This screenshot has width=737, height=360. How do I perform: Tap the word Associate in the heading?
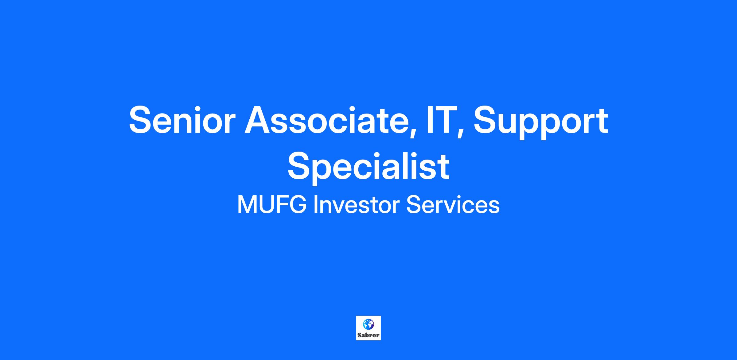click(x=328, y=120)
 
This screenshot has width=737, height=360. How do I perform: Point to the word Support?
click(x=541, y=123)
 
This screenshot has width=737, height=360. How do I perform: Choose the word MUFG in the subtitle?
click(x=272, y=205)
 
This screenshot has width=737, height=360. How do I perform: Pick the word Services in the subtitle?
click(x=453, y=205)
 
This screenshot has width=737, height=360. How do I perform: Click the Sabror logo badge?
click(x=368, y=328)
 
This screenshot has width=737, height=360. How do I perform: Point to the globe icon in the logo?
click(x=368, y=324)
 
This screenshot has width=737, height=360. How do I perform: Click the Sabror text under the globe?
click(x=368, y=335)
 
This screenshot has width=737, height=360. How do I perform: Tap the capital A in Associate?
click(x=259, y=120)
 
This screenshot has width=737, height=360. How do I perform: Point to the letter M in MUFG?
click(x=247, y=205)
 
